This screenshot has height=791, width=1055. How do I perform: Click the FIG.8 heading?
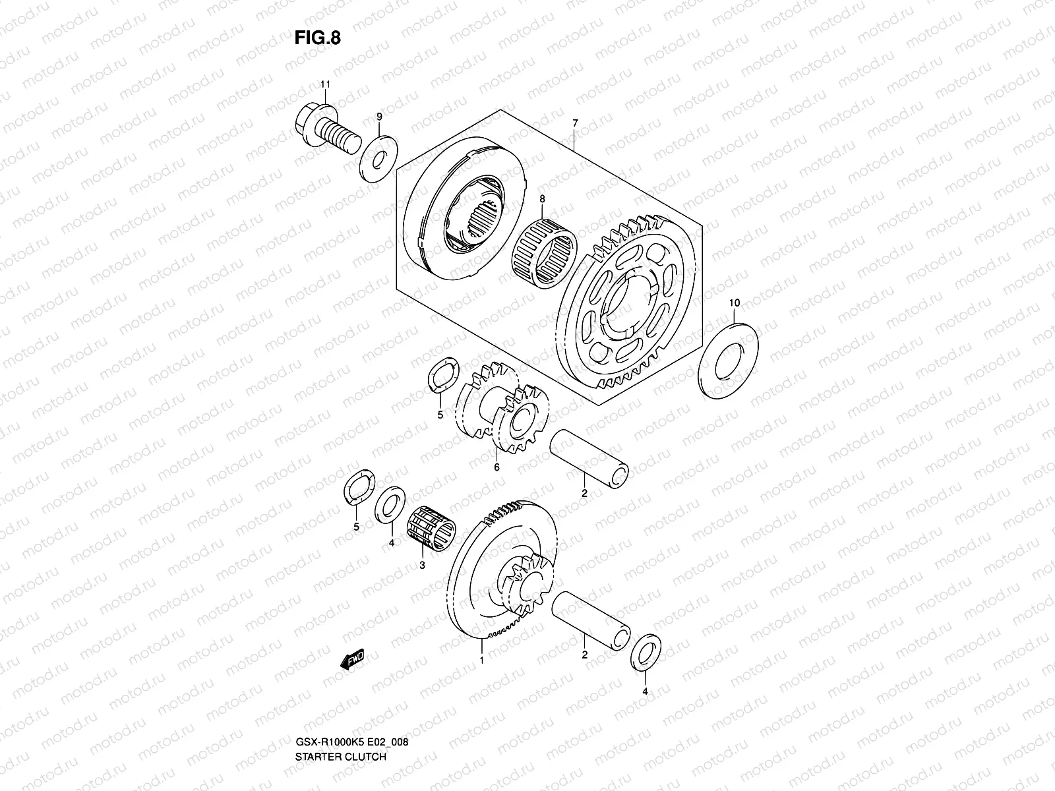(x=318, y=38)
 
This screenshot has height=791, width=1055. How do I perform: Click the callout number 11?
(x=324, y=84)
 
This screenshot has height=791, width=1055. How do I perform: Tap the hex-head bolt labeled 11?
(x=333, y=129)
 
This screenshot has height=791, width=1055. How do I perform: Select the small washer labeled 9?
(x=378, y=158)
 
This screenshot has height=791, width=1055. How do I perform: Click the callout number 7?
(x=575, y=123)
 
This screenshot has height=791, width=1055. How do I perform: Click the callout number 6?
(x=497, y=467)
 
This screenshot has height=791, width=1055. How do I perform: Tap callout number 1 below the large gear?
(x=482, y=660)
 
